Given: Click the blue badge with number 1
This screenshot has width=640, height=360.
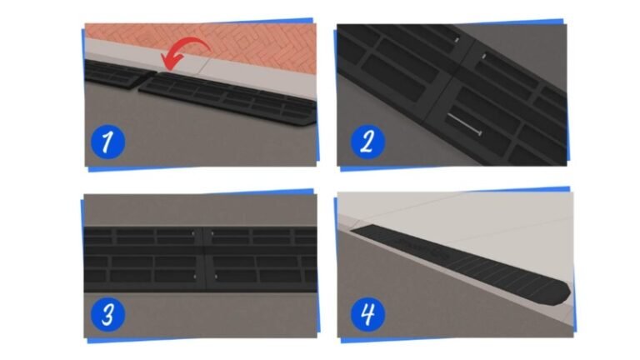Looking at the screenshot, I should (x=107, y=142).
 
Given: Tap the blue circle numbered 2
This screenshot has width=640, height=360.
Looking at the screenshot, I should (x=366, y=142).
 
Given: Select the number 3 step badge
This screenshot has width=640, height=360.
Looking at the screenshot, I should (x=107, y=315).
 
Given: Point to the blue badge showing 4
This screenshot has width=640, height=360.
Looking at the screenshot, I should (x=367, y=315).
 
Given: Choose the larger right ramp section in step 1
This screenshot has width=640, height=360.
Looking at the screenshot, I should (x=233, y=97).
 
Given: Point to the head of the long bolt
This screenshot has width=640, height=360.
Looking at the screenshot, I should (x=481, y=131).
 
